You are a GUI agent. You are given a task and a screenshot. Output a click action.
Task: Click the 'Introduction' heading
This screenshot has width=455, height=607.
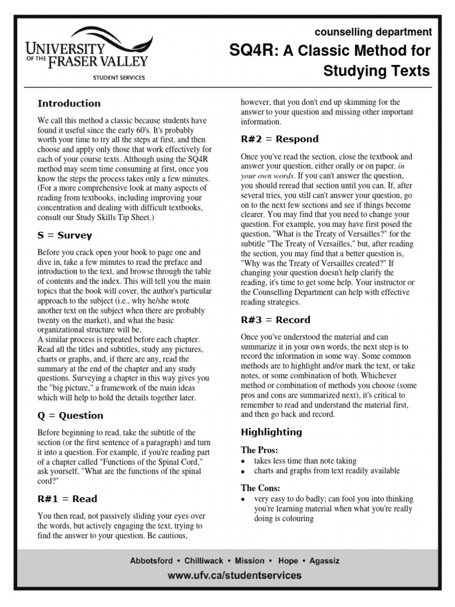click(x=69, y=103)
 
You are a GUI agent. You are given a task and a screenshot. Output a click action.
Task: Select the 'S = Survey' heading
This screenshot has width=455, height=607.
click(x=65, y=235)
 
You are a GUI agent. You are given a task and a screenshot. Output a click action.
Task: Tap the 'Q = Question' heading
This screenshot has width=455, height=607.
click(x=70, y=416)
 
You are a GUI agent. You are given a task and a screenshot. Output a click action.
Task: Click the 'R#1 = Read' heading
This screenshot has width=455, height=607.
click(x=67, y=499)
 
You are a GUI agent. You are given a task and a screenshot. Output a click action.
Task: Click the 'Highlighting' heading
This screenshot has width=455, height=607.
click(x=271, y=432)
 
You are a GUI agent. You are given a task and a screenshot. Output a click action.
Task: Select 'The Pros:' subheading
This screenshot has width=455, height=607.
click(x=258, y=450)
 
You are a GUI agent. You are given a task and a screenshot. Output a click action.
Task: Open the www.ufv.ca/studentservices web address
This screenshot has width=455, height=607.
click(x=234, y=576)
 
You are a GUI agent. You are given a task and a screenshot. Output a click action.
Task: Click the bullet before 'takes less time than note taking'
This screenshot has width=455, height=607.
click(x=243, y=462)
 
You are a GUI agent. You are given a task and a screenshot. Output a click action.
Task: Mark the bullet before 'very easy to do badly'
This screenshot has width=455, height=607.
click(x=243, y=500)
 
